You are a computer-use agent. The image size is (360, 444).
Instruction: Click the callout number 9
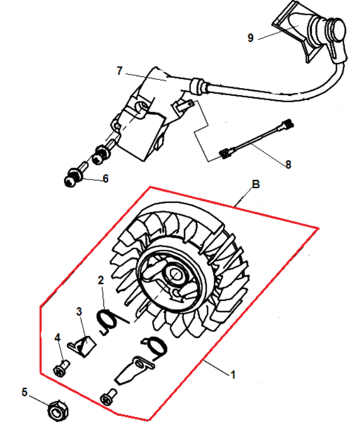250,38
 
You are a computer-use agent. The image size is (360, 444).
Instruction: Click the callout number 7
120,71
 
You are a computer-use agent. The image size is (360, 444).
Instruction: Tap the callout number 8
288,164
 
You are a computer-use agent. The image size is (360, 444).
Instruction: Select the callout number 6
105,178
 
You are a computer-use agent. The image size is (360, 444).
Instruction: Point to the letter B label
256,184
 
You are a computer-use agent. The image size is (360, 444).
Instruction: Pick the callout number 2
101,280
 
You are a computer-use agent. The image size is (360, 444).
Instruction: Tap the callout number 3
79,311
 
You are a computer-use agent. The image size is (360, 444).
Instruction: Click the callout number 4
58,337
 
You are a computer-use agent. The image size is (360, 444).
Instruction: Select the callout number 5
24,392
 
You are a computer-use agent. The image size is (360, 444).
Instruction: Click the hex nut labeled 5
58,410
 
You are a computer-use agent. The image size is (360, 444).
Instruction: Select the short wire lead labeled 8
257,139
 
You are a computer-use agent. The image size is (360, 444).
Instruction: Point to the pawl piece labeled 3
82,346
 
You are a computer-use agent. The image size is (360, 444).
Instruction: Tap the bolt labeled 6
74,175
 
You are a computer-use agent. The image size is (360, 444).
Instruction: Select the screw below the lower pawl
108,397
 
